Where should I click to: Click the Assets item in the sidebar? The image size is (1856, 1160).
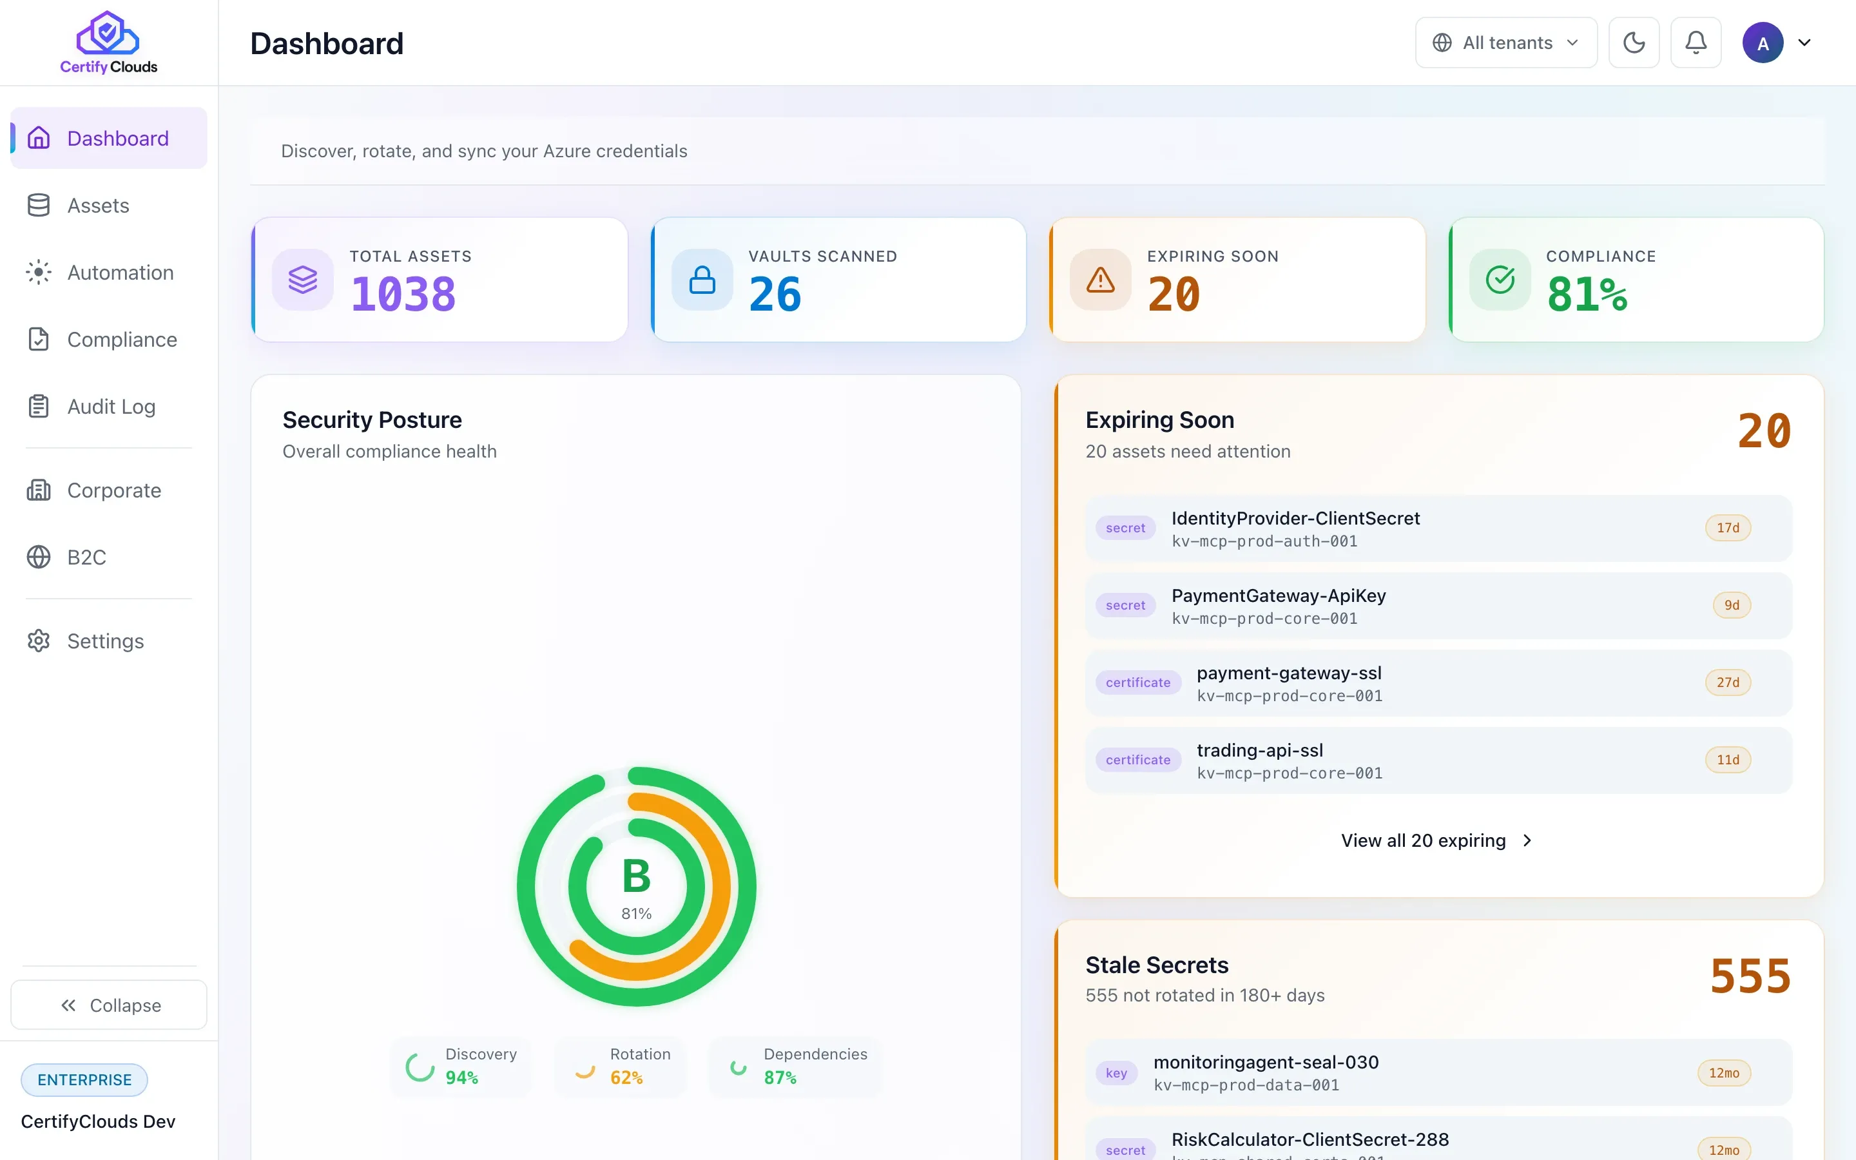point(98,206)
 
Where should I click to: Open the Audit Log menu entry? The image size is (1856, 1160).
point(111,407)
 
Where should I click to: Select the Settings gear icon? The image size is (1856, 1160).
point(39,641)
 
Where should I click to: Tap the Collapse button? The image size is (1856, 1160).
point(109,1005)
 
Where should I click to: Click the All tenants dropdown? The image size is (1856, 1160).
point(1506,43)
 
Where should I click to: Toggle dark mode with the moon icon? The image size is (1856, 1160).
point(1634,43)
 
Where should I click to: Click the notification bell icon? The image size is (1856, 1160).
point(1696,43)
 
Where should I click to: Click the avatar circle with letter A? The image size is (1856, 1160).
point(1763,43)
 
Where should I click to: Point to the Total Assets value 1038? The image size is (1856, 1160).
point(403,295)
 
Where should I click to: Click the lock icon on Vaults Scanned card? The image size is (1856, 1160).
point(702,280)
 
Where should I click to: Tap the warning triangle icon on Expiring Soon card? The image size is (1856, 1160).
point(1101,280)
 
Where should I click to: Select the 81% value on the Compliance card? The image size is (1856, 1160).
point(1587,295)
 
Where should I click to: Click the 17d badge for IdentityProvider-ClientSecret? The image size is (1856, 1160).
point(1728,528)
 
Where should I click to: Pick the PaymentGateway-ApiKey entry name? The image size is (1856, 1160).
point(1279,595)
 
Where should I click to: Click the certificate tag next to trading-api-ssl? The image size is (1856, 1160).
point(1138,760)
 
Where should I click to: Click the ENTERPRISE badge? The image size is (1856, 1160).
point(84,1079)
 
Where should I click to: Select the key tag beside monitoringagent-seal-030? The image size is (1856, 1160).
point(1117,1072)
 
